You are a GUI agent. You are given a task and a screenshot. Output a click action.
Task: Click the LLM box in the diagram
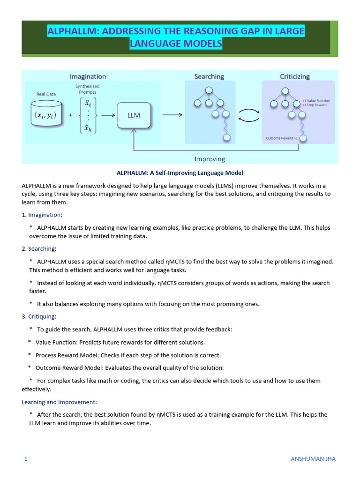[x=134, y=115]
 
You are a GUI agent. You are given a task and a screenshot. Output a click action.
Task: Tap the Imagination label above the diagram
[x=88, y=76]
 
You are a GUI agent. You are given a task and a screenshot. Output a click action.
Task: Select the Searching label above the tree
[x=209, y=76]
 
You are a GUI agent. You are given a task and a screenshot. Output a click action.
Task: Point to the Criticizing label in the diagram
[x=295, y=76]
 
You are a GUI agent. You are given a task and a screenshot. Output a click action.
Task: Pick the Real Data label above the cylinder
[x=46, y=94]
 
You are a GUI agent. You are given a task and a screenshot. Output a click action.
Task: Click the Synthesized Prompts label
[x=87, y=89]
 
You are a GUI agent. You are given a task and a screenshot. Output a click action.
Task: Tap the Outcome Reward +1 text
[x=282, y=138]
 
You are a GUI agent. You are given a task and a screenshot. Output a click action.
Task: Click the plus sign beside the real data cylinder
[x=70, y=115]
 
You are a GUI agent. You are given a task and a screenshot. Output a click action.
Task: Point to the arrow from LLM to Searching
[x=172, y=115]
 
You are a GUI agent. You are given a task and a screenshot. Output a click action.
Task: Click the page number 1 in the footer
[x=26, y=459]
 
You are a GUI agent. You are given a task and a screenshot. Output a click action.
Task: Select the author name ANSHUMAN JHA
[x=313, y=459]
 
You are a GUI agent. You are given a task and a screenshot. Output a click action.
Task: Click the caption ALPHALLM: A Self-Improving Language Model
[x=180, y=173]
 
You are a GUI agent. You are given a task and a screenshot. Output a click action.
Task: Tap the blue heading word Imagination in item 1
[x=44, y=215]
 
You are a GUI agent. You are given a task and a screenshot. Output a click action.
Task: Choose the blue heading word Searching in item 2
[x=41, y=248]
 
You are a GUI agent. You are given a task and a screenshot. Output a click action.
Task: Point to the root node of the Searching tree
[x=209, y=90]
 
